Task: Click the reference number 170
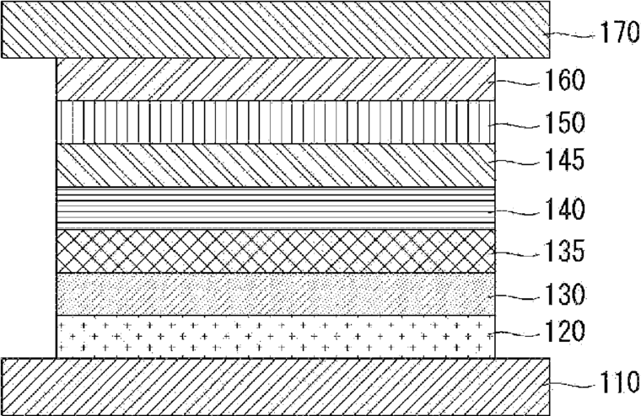coord(619,33)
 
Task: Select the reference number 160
coord(563,80)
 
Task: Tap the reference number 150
coord(563,122)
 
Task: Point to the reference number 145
coord(563,159)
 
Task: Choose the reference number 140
coord(563,209)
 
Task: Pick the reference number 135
coord(563,251)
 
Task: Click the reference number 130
coord(563,294)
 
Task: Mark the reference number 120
coord(563,331)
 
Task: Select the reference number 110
coord(619,382)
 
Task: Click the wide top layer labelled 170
coord(276,29)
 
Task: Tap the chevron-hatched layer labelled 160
coord(276,79)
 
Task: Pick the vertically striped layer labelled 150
coord(276,122)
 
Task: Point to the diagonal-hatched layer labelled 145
coord(276,165)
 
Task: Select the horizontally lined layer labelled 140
coord(276,208)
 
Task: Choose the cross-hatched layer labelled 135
coord(276,251)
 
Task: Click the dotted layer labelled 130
coord(276,294)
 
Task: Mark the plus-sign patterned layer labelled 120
coord(276,337)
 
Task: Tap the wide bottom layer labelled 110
coord(276,387)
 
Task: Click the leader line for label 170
coord(572,35)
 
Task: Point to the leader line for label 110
coord(572,384)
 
